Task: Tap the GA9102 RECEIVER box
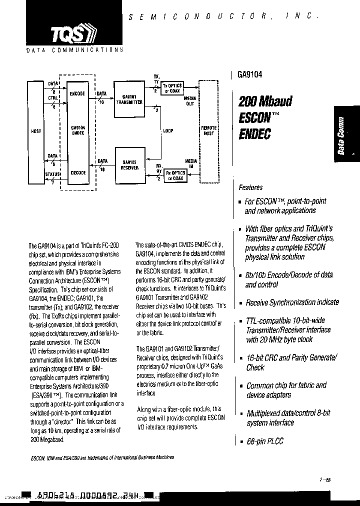tap(130, 165)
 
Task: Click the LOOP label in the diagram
tap(168, 131)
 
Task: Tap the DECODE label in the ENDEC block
tap(78, 172)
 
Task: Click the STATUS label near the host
tap(52, 174)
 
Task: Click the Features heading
tap(250, 187)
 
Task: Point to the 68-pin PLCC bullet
tap(262, 441)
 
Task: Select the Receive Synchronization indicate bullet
tap(291, 302)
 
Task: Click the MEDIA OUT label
tap(190, 101)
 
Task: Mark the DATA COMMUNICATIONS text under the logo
tap(73, 50)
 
